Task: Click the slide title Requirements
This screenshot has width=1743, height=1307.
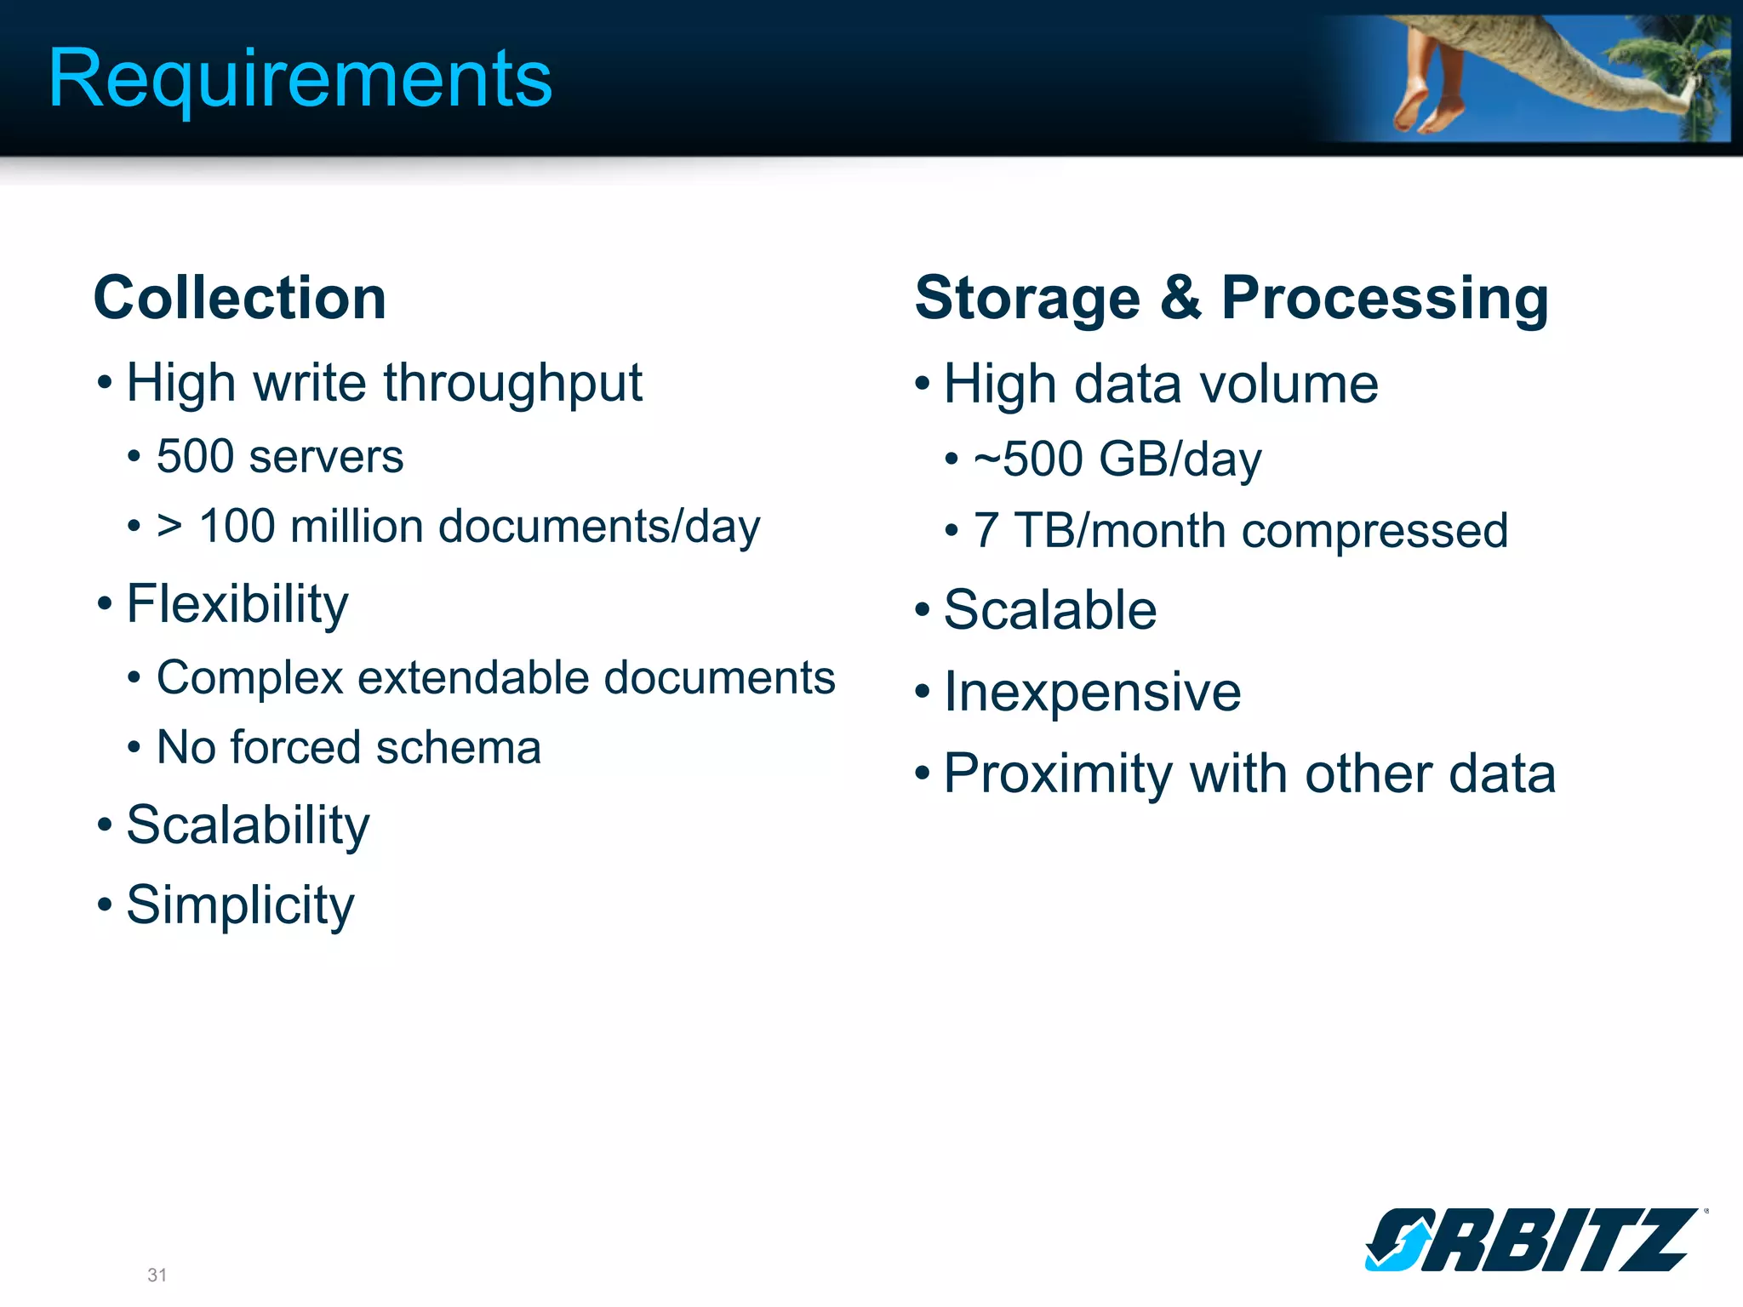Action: coord(300,78)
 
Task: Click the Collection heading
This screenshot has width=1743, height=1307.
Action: coord(240,298)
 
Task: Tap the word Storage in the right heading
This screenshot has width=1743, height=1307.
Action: coord(1027,298)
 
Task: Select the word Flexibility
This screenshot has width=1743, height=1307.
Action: coord(237,604)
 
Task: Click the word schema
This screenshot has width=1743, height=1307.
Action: coord(458,748)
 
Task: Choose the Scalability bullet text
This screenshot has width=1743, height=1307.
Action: coord(248,825)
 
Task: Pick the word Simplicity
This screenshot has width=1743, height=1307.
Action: coord(240,905)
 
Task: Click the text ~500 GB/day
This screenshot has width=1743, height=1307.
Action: coord(1117,459)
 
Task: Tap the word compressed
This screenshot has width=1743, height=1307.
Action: coord(1374,531)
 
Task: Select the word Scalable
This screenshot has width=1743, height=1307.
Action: coord(1050,610)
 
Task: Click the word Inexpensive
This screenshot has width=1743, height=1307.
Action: coord(1093,691)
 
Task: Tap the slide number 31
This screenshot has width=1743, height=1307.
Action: coord(157,1275)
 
